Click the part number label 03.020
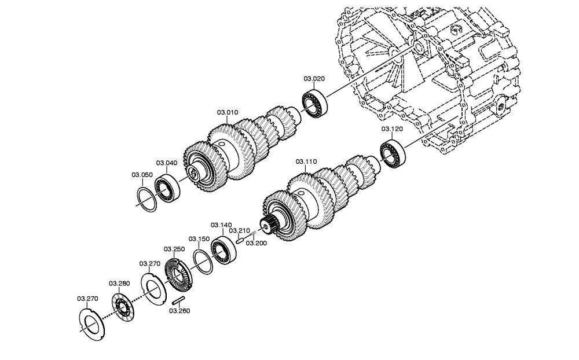click(x=314, y=79)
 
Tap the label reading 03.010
click(x=228, y=112)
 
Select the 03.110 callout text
click(x=306, y=161)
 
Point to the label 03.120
click(x=392, y=129)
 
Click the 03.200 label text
click(x=256, y=243)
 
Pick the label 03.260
click(x=180, y=311)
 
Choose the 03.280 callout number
click(x=119, y=284)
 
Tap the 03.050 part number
click(x=142, y=175)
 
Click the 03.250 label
click(x=174, y=249)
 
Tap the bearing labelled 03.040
click(x=167, y=188)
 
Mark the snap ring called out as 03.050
click(x=146, y=200)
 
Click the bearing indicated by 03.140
click(x=223, y=249)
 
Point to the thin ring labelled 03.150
click(x=203, y=262)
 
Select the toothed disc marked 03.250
click(x=178, y=274)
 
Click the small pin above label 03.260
click(x=179, y=300)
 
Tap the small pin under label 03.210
click(x=240, y=240)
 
